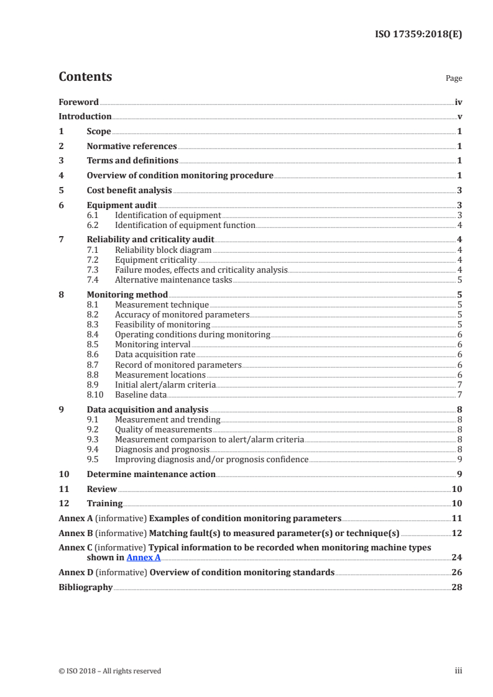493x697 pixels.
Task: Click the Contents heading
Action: pos(85,77)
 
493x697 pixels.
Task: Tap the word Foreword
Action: pos(78,101)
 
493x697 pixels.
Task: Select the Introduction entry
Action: pos(85,116)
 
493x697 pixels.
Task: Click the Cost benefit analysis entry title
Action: pos(129,190)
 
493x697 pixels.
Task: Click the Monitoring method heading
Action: pos(127,294)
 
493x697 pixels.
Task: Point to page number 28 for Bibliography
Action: pos(457,587)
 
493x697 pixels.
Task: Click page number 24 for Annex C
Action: pos(457,557)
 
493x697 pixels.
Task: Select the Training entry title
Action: pos(104,503)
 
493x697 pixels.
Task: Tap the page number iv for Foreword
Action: pos(458,101)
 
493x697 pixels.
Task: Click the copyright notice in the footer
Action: pos(110,670)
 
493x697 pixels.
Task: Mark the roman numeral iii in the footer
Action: pos(458,670)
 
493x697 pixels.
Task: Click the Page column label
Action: pos(454,79)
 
